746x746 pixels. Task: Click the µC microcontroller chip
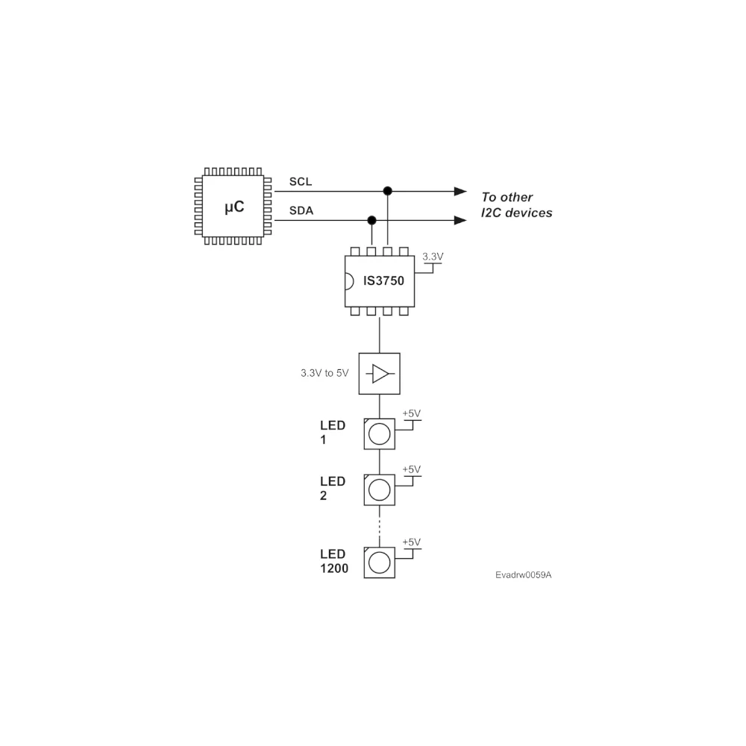point(233,206)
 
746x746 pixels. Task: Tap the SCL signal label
point(301,181)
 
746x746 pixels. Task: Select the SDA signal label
point(301,210)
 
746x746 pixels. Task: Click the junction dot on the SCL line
point(388,191)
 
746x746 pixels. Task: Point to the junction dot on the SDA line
point(372,220)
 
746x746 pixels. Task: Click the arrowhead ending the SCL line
point(460,191)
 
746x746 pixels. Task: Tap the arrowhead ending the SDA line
point(460,220)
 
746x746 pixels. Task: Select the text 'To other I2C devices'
point(517,205)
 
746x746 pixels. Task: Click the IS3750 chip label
point(383,280)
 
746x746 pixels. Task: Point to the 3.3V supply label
point(433,257)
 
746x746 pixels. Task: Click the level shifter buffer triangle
point(380,374)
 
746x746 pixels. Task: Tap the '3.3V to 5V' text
point(325,373)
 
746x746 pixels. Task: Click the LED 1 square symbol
point(379,434)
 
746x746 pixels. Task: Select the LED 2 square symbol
point(379,489)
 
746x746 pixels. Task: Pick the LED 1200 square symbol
point(379,562)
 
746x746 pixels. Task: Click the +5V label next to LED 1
point(412,413)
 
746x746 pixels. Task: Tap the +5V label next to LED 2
point(412,469)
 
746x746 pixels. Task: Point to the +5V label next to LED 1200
point(412,542)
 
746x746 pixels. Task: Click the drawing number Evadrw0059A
point(524,574)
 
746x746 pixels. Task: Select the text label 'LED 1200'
point(334,561)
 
